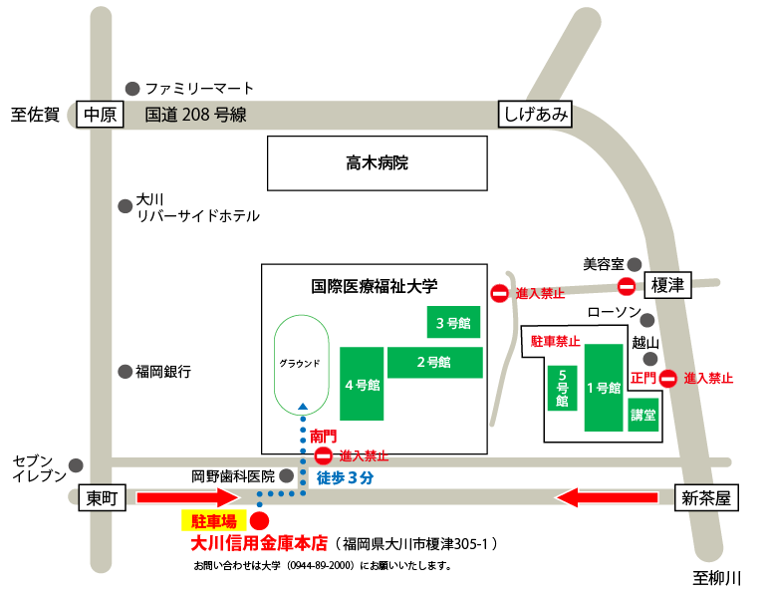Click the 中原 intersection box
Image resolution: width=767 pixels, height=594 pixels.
pyautogui.click(x=100, y=116)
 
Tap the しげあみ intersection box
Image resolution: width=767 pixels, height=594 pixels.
pyautogui.click(x=536, y=115)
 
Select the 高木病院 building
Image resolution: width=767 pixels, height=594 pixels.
pyautogui.click(x=377, y=163)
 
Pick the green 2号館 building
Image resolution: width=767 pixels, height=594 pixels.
pyautogui.click(x=433, y=362)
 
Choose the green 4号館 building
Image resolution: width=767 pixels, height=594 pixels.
pyautogui.click(x=361, y=385)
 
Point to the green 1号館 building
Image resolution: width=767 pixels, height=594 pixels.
pyautogui.click(x=604, y=388)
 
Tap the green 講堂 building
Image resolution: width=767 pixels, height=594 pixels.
pyautogui.click(x=643, y=414)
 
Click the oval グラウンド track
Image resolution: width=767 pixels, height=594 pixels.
pyautogui.click(x=300, y=364)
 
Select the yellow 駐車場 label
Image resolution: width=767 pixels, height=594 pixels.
pyautogui.click(x=214, y=520)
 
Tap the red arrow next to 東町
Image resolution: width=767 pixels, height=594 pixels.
pyautogui.click(x=188, y=497)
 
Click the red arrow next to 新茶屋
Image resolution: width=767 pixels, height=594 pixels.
pyautogui.click(x=609, y=497)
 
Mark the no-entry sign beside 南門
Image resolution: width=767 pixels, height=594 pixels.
pyautogui.click(x=324, y=455)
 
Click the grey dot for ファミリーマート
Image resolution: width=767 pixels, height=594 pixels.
pyautogui.click(x=132, y=88)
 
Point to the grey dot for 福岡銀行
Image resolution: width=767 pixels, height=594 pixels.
pyautogui.click(x=125, y=372)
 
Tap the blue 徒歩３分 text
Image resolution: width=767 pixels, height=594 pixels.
pyautogui.click(x=345, y=477)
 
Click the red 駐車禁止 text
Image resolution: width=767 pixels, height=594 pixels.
pyautogui.click(x=555, y=341)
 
